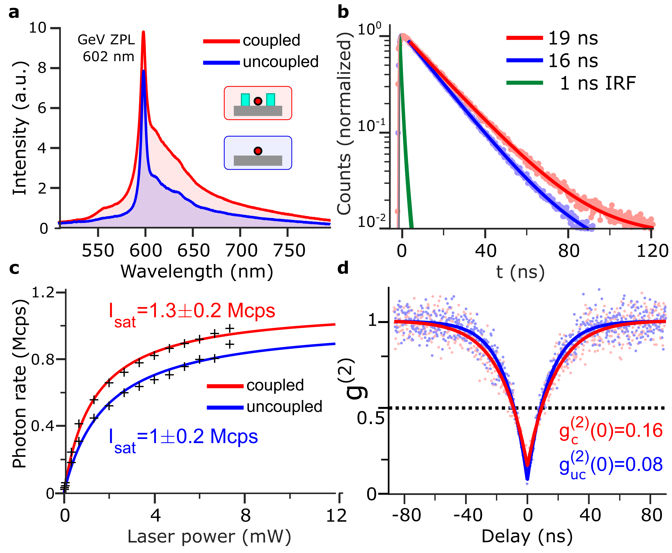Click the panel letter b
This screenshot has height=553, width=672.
click(343, 13)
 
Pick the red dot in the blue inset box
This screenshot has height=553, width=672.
click(258, 151)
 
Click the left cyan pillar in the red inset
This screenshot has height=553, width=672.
click(245, 100)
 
